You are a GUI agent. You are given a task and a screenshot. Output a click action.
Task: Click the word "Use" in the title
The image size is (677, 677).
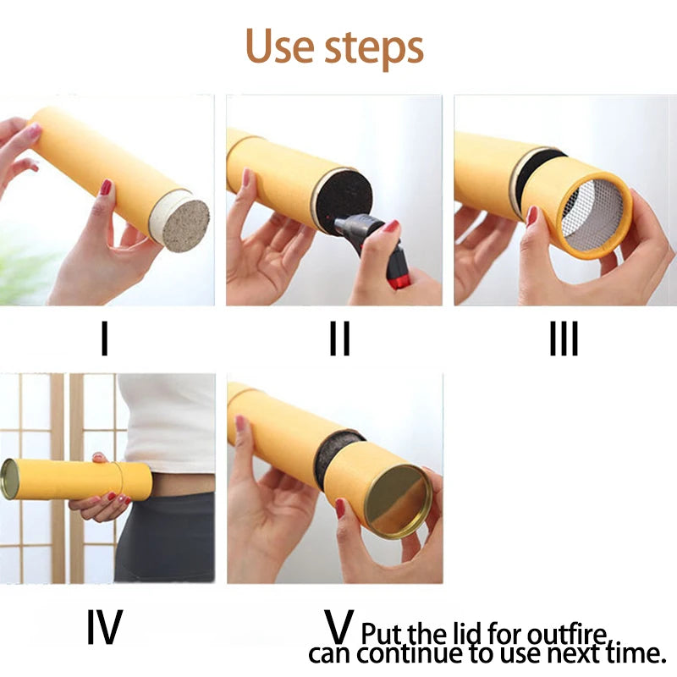point(280,46)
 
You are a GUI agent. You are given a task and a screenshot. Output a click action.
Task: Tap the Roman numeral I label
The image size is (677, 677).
point(104,338)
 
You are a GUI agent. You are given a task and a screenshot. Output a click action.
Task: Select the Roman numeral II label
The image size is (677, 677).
point(340,338)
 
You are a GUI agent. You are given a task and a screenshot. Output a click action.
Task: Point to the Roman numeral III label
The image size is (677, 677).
point(564,338)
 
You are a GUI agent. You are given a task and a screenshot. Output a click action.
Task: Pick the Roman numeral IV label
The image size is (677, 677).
point(105,626)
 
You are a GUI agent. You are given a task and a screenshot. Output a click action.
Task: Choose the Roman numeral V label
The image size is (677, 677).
point(339,626)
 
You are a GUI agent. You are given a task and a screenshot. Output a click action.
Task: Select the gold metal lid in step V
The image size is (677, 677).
point(398,501)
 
